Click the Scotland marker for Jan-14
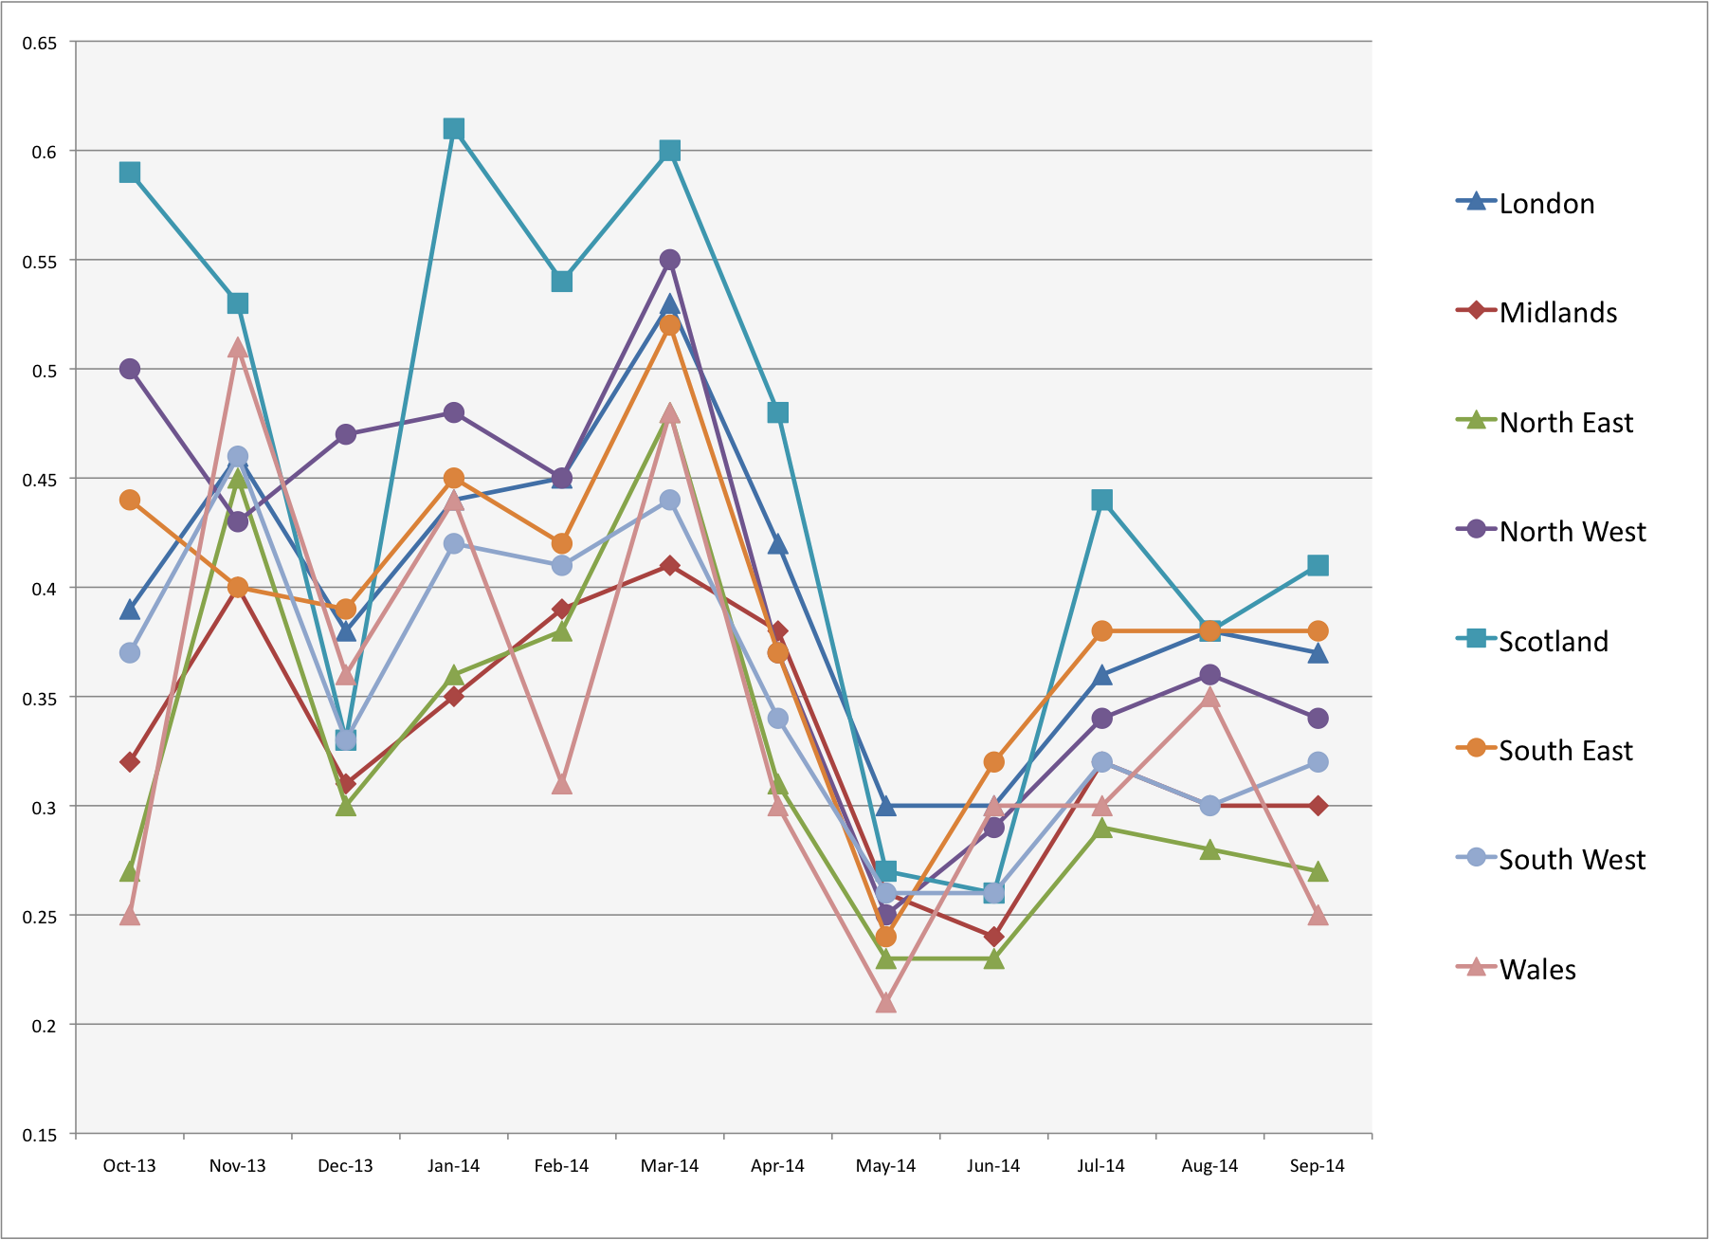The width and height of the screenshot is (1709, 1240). point(454,129)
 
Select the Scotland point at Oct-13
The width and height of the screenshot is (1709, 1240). point(130,173)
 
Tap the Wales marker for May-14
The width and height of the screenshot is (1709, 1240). point(886,1003)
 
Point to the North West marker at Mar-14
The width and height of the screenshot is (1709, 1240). point(670,260)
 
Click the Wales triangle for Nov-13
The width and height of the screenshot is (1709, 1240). point(238,349)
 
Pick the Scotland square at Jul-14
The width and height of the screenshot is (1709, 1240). point(1101,500)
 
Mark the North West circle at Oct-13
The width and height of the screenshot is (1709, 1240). point(130,369)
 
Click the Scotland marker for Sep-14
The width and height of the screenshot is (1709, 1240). point(1318,566)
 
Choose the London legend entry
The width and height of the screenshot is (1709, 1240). point(1546,204)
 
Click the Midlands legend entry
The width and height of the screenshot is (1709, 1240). point(1557,313)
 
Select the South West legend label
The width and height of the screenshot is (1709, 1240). point(1572,860)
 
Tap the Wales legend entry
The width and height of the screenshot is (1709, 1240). point(1536,970)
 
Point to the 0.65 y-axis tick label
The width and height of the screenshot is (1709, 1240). point(40,44)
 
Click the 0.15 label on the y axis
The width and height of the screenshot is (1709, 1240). point(40,1135)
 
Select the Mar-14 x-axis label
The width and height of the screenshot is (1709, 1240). point(669,1166)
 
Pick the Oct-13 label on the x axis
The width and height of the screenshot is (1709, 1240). point(130,1166)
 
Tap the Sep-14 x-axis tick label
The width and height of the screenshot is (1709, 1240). point(1318,1166)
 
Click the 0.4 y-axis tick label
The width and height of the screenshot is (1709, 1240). point(45,589)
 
